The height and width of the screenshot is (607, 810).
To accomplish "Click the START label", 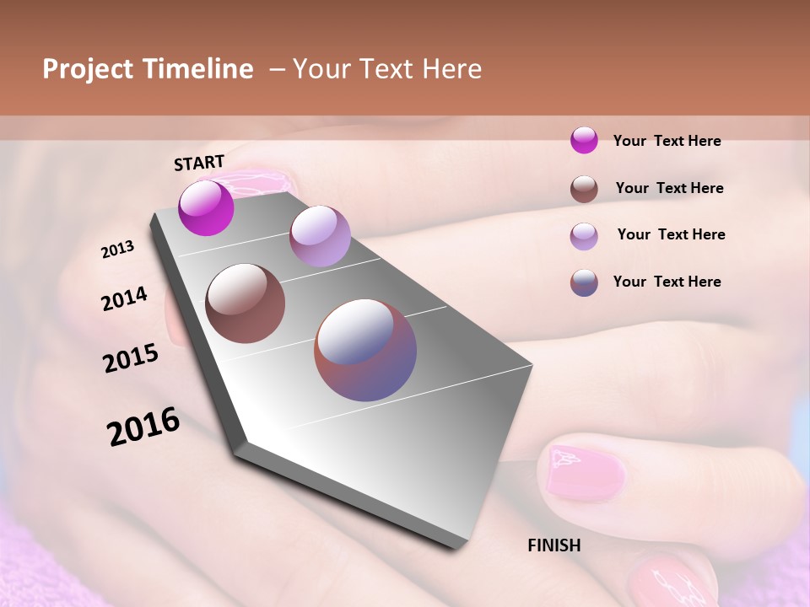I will point(199,163).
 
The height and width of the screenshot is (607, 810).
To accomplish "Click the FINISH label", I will point(554,545).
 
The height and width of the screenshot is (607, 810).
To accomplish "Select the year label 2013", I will point(117,249).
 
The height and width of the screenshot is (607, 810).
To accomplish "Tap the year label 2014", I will point(124,299).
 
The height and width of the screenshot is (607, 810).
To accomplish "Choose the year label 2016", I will point(143,427).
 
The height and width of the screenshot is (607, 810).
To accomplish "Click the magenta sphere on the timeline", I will point(206,207).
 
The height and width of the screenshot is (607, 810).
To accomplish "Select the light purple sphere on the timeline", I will point(320,236).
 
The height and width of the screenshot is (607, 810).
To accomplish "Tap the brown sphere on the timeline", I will point(245,303).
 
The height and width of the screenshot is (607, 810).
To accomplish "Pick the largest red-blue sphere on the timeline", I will point(365,350).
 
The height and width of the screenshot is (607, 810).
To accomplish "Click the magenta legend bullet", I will point(584,140).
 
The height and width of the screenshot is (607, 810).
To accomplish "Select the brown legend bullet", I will point(584,189).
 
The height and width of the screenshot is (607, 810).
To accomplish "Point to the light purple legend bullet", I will point(584,236).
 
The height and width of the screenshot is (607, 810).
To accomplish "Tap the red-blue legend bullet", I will point(584,282).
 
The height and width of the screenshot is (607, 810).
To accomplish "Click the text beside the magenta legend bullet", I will point(667,141).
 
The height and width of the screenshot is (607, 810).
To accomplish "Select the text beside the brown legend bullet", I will point(669,188).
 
